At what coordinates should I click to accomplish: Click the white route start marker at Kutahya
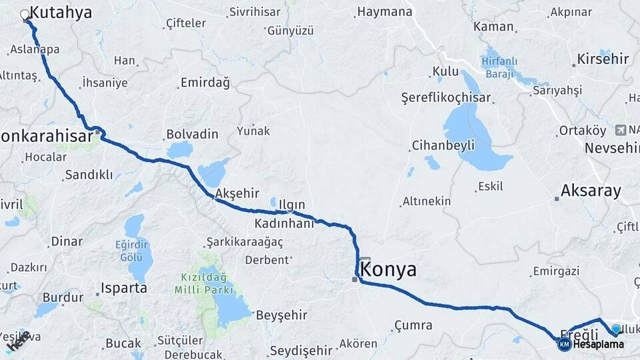pos(25,14)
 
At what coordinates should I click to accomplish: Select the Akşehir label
pos(237,193)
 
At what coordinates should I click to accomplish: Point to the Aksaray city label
pos(591,191)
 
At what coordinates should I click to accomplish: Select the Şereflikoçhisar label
pos(446,97)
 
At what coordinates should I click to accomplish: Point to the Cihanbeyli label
pos(443,145)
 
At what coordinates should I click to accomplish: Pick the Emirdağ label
pos(205,83)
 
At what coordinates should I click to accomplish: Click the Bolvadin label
pos(192,134)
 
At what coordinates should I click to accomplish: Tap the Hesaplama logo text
pos(598,345)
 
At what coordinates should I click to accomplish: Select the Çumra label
pos(413,325)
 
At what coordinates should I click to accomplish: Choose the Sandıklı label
pos(89,175)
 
